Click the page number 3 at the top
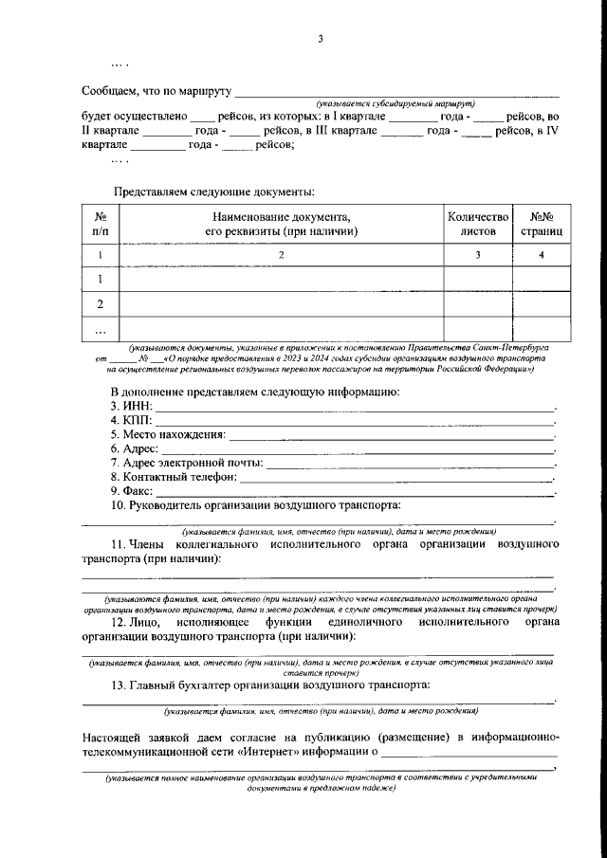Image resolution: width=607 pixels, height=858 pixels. coord(321,39)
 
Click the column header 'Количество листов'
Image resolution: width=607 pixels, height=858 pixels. coord(478,224)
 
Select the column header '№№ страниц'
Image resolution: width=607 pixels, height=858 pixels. coord(542,224)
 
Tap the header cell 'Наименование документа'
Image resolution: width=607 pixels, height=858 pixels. coord(281,224)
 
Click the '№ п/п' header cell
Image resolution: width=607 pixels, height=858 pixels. coord(101,224)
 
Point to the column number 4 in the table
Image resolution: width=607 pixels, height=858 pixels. coord(542,255)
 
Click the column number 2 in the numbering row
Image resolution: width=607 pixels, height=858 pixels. coord(281,255)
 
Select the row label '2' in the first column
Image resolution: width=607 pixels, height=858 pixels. coord(101,304)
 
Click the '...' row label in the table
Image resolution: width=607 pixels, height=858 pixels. coord(101,329)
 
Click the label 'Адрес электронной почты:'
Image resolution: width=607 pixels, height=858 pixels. coord(186,464)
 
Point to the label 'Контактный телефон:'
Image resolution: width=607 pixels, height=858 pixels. coord(172,478)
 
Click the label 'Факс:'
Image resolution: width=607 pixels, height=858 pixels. coord(131,492)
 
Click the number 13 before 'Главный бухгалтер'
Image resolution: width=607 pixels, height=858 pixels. coord(118,685)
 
